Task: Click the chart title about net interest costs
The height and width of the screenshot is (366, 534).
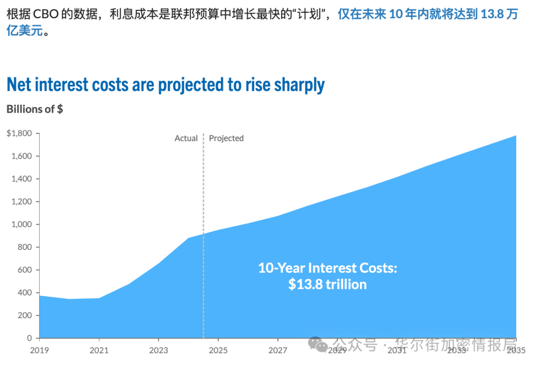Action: coord(165,85)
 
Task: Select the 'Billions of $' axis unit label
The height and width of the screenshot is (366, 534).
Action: coord(35,109)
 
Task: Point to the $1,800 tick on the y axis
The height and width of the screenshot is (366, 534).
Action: coord(19,133)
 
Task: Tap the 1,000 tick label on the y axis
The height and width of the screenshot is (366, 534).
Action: coord(22,224)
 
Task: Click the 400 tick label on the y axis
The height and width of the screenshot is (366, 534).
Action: coord(25,292)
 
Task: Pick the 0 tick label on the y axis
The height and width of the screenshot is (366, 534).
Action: coord(30,338)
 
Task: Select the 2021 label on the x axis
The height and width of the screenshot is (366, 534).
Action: coord(99,350)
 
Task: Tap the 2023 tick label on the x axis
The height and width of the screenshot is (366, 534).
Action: coord(158,350)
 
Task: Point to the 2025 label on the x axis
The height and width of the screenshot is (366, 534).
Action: coord(218,350)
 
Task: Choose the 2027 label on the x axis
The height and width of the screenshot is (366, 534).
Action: coord(277,350)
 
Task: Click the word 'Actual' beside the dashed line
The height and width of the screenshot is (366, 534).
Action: coord(186,138)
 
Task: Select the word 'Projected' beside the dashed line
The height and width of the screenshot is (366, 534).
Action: coord(226,138)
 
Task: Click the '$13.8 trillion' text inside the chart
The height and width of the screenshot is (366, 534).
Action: coord(327,285)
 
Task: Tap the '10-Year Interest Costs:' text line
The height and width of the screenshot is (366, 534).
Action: coord(327,268)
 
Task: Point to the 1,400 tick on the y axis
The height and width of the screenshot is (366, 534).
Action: coord(22,179)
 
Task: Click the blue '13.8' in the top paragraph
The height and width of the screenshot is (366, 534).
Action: coord(492,14)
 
